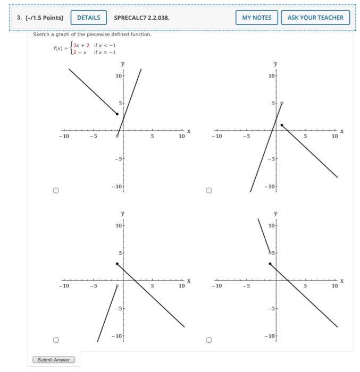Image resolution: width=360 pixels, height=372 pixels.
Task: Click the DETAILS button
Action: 88,18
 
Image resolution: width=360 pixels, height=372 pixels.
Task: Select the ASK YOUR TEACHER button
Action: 315,18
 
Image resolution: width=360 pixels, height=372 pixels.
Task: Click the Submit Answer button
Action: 54,360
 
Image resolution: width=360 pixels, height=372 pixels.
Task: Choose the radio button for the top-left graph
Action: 55,190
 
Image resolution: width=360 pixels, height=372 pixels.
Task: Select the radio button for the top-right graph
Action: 208,190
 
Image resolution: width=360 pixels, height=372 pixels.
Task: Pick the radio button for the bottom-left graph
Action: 55,340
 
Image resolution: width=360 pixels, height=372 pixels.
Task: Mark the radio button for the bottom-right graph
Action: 208,340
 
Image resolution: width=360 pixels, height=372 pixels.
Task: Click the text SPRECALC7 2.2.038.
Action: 141,18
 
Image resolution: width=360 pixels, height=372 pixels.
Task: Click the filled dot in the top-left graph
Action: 117,114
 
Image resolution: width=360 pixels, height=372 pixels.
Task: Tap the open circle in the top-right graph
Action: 282,103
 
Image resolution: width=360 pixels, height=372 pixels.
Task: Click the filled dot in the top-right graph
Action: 282,125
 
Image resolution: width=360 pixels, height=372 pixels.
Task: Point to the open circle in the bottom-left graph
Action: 117,285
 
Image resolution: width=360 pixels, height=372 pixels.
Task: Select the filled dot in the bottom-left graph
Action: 117,263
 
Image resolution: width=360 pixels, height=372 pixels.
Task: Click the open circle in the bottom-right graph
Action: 270,251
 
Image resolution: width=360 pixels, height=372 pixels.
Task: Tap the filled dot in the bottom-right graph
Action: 270,263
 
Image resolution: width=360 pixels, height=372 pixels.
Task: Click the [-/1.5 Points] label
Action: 40,18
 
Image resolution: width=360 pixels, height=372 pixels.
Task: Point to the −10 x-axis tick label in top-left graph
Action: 64,137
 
